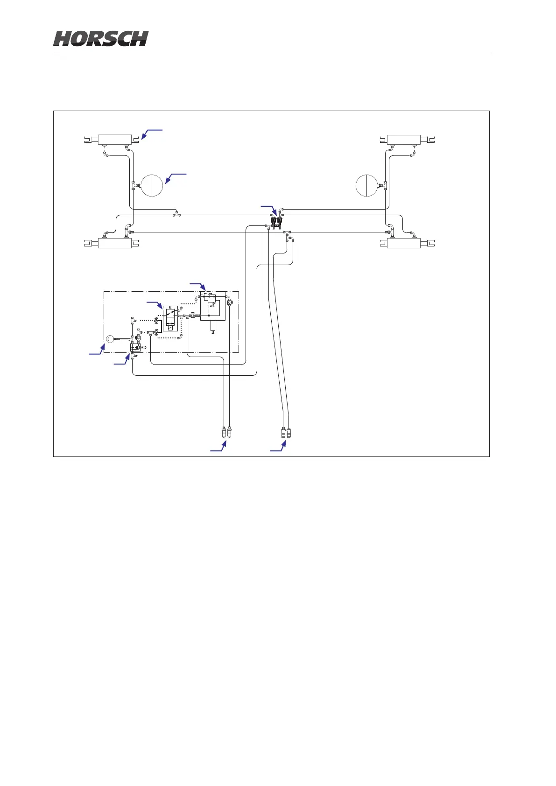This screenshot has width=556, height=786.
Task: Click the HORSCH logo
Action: [101, 39]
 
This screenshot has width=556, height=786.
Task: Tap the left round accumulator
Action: [152, 185]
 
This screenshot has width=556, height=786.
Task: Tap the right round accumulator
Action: [366, 185]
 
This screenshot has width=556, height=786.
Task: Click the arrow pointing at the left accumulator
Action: [175, 178]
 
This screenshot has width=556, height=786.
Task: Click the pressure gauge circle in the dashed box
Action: [110, 339]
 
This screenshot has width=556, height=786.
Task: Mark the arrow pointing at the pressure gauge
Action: [97, 350]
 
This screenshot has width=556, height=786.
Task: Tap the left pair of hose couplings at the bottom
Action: [226, 431]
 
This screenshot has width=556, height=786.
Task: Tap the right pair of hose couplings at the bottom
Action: [286, 431]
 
